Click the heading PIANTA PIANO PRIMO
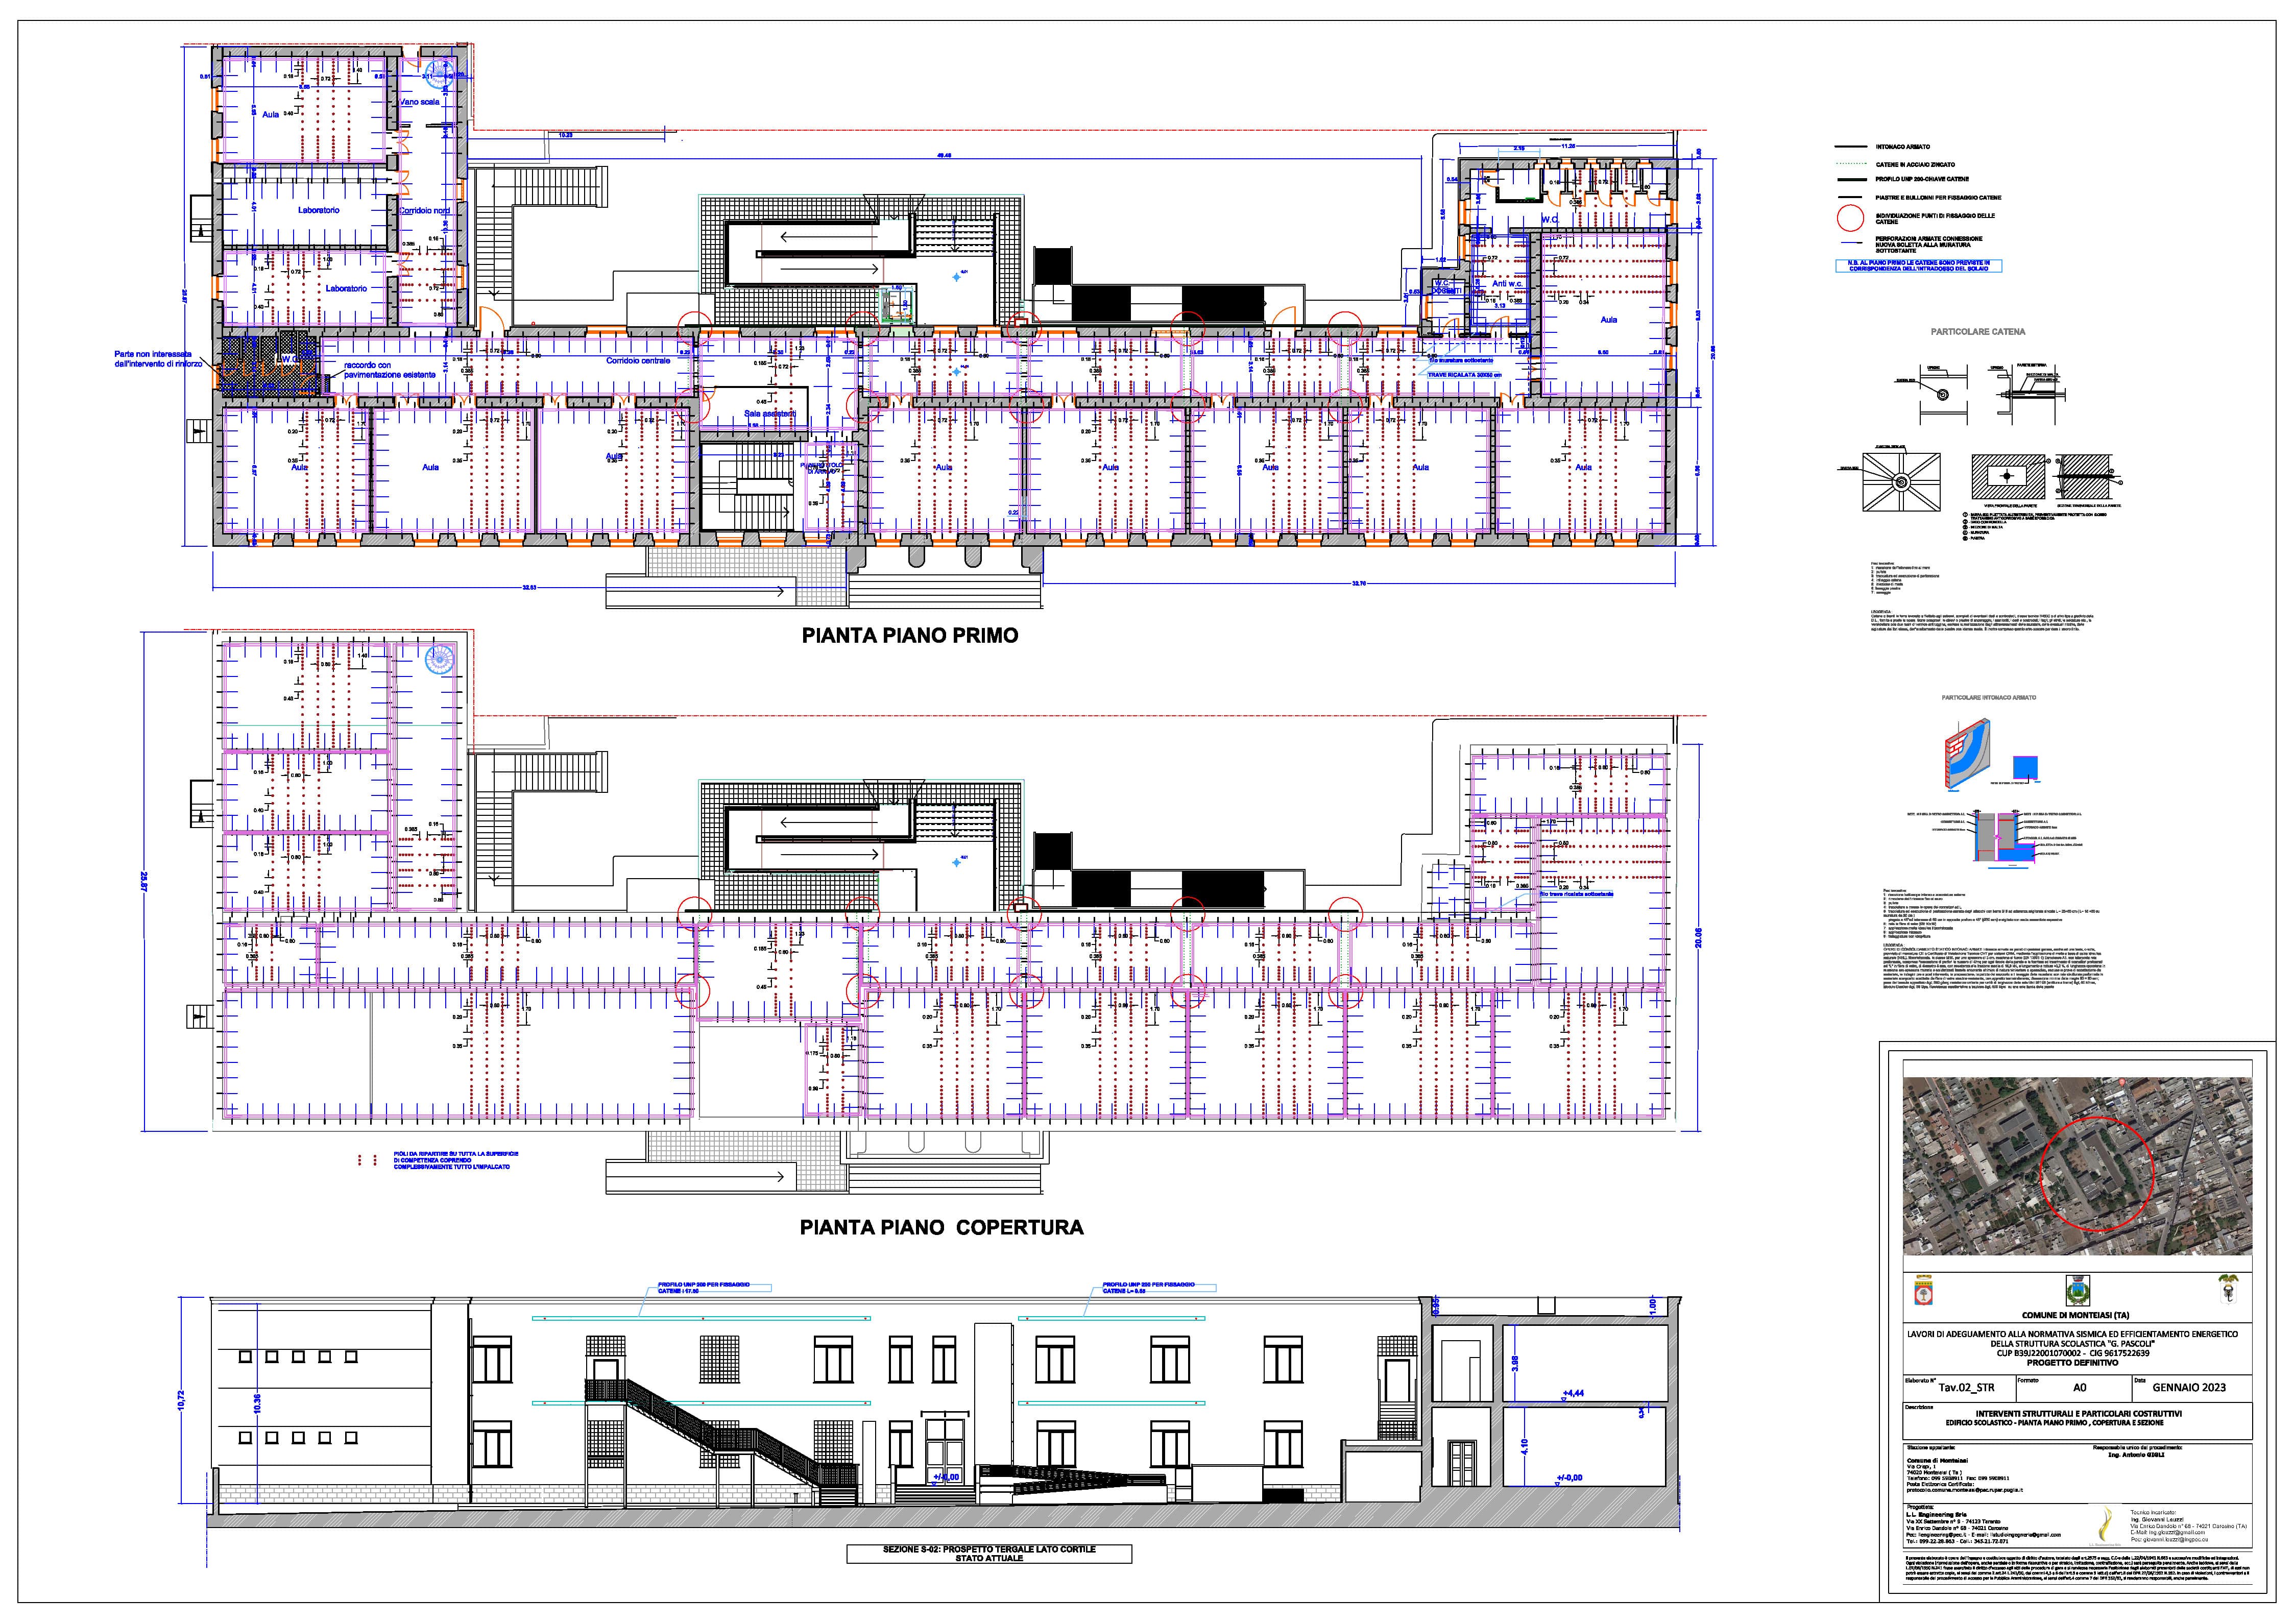[x=910, y=636]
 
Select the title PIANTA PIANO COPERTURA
[x=940, y=1227]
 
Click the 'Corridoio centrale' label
[x=638, y=361]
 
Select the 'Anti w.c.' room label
[x=1506, y=284]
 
